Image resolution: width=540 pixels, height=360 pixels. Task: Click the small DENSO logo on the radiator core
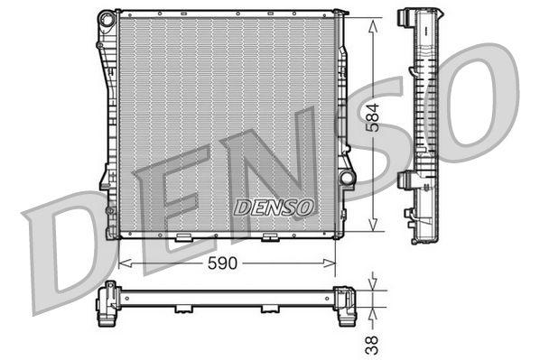click(274, 207)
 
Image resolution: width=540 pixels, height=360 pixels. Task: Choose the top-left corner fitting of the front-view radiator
click(107, 17)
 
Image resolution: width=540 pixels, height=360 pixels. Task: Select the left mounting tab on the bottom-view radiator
click(183, 309)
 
